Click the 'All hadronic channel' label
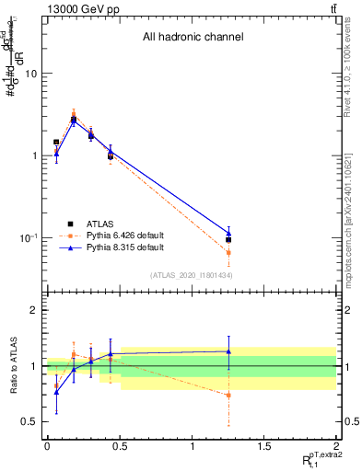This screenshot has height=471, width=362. point(192,38)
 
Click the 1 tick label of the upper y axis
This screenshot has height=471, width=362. point(34,155)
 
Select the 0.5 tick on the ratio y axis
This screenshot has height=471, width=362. point(30,421)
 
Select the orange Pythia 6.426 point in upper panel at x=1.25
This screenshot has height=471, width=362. point(228,252)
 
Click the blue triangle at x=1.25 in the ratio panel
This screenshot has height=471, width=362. point(228,351)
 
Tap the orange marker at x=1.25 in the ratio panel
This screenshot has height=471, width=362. point(228,396)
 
